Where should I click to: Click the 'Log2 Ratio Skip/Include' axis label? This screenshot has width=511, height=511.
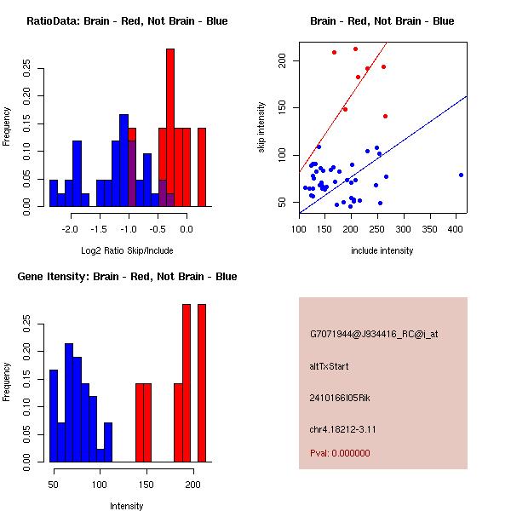click(127, 251)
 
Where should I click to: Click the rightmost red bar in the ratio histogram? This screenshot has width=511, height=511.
click(202, 167)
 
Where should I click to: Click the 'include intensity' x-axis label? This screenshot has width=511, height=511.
click(382, 250)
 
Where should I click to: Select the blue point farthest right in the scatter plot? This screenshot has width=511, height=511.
click(461, 175)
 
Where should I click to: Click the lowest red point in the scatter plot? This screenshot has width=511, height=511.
click(385, 116)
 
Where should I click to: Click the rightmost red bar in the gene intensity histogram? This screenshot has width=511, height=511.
click(202, 382)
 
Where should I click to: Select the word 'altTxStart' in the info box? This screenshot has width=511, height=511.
click(330, 366)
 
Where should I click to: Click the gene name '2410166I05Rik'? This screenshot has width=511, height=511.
click(340, 398)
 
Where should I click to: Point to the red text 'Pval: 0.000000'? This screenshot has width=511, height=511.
click(340, 453)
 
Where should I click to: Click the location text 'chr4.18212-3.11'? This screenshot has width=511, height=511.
click(343, 428)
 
